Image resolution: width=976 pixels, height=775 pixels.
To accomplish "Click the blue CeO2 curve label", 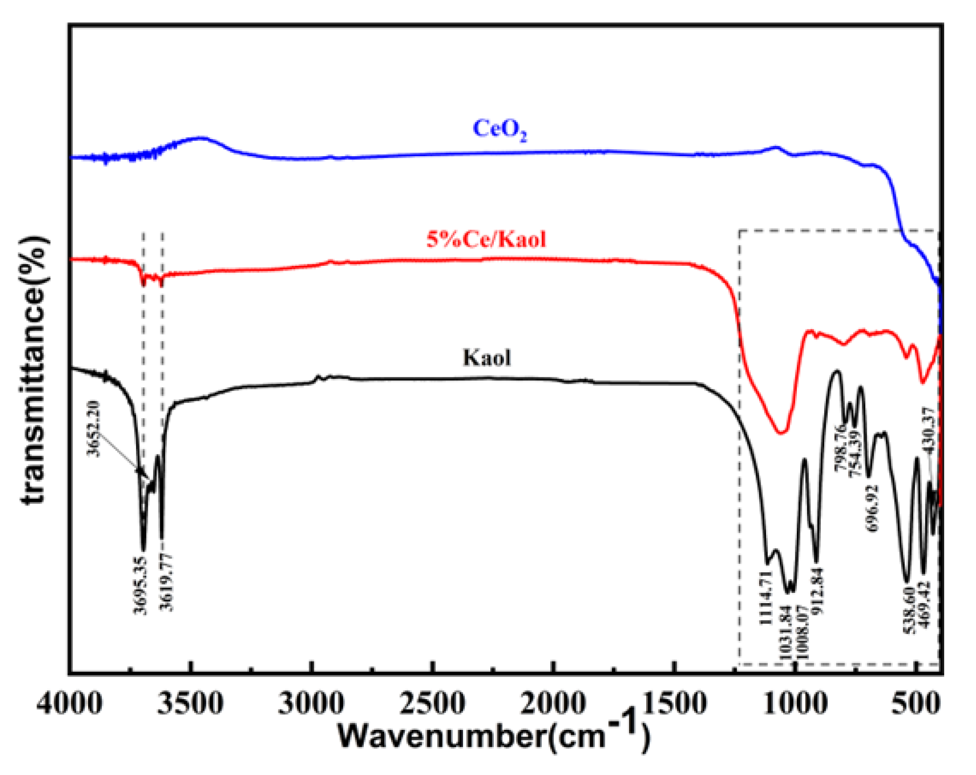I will [499, 129].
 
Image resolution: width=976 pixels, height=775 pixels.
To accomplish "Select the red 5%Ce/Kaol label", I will [486, 239].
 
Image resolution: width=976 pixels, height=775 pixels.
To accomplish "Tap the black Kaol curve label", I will [487, 358].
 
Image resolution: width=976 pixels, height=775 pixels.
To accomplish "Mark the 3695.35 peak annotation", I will [140, 585].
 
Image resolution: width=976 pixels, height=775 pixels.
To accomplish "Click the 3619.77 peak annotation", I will [167, 583].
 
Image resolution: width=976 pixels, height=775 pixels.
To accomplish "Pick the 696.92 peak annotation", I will [872, 508].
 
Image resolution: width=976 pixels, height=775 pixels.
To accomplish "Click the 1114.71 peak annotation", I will [765, 598].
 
